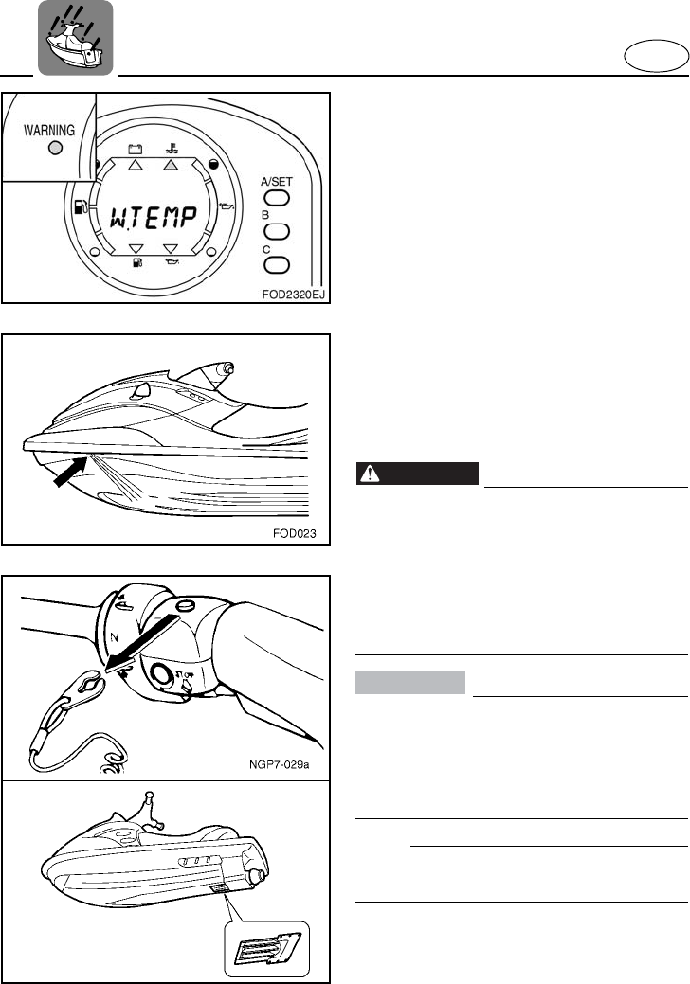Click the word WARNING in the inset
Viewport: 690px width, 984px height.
click(x=51, y=127)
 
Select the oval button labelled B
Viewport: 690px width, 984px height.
click(x=276, y=231)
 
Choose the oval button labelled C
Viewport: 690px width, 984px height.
click(x=276, y=265)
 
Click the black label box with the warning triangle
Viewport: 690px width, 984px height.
click(x=417, y=474)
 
